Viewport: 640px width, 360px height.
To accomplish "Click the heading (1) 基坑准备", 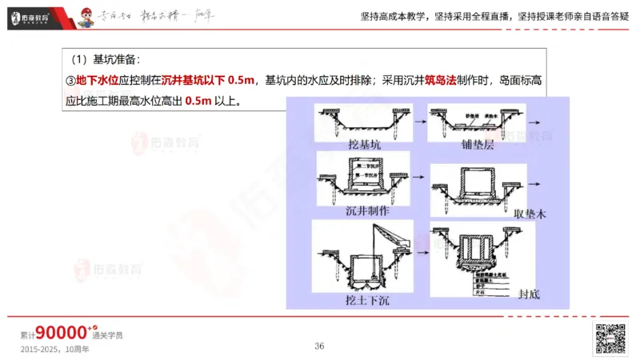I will pos(105,59).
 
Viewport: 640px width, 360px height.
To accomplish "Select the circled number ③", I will pos(70,81).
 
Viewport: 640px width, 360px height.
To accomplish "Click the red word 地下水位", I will pos(97,81).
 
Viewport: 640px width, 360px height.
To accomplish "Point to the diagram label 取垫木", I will pos(535,214).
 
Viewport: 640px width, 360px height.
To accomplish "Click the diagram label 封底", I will pos(529,294).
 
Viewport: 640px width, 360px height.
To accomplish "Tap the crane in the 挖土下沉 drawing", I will pos(385,239).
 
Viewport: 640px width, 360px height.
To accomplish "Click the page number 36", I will pos(319,346).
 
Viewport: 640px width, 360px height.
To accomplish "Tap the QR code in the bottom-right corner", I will pos(610,339).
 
